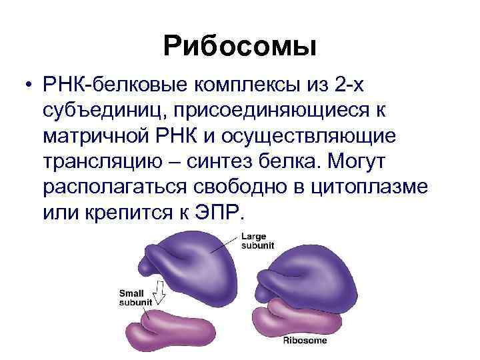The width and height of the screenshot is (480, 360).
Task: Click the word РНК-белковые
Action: click(x=114, y=85)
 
